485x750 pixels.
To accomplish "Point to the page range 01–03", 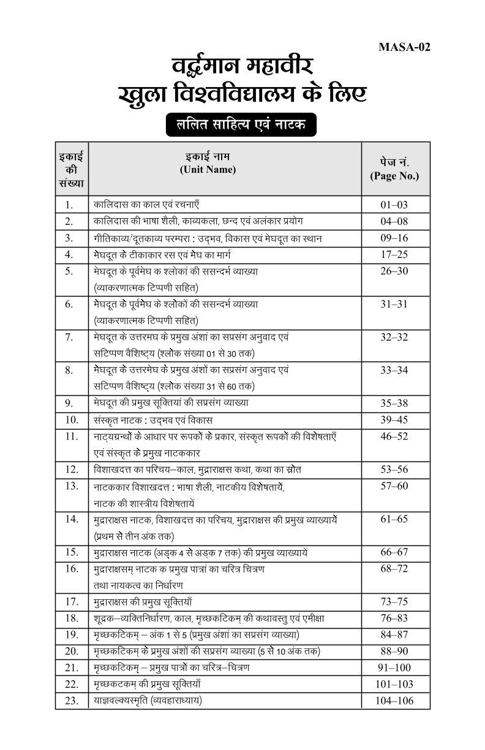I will click(394, 205).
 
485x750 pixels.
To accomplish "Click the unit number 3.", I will click(69, 238).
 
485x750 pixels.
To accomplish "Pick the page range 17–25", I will click(394, 254).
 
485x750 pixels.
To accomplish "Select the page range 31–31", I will click(394, 304).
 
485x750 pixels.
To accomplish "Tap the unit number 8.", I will click(69, 370).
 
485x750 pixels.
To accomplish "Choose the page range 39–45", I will click(394, 420).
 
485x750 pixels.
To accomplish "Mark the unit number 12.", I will click(72, 469).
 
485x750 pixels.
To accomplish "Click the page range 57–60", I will click(394, 486).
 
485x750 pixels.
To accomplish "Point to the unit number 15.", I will click(72, 552).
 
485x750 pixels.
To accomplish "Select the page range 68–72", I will click(394, 569).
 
